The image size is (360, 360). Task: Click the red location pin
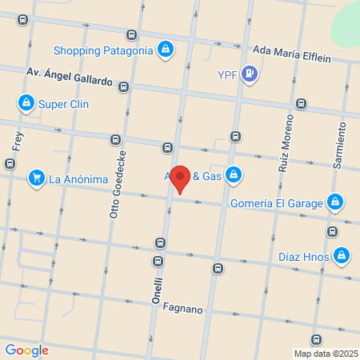(180, 178)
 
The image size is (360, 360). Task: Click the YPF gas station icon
(250, 75)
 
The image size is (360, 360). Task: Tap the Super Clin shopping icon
(26, 103)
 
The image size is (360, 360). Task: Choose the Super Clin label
(63, 104)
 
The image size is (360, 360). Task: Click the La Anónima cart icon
(35, 178)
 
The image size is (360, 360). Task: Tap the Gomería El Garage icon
(336, 202)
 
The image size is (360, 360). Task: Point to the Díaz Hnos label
(302, 257)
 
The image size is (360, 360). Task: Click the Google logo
(26, 350)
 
